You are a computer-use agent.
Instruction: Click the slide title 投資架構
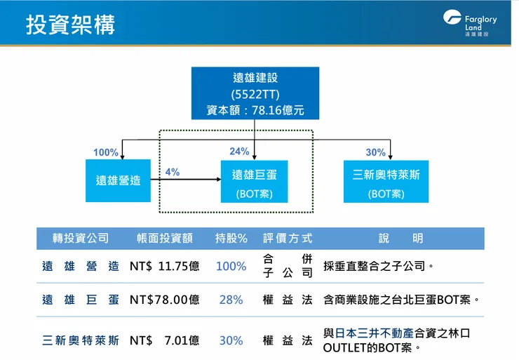point(71,25)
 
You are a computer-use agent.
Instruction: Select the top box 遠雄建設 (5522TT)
point(255,93)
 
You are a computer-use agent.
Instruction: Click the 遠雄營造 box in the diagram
point(119,180)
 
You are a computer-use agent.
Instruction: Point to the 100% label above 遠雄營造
point(106,152)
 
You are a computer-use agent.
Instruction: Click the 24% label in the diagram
point(239,152)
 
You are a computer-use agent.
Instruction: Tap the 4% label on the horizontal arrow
point(173,171)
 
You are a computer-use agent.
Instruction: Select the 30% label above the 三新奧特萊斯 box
point(375,152)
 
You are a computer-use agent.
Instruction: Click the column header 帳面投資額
point(165,239)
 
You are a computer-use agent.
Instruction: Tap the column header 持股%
point(231,239)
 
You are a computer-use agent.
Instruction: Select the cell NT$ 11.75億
point(165,267)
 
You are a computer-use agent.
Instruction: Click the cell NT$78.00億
point(165,300)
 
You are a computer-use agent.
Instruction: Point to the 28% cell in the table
point(231,300)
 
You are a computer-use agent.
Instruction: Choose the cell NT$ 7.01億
point(165,340)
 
